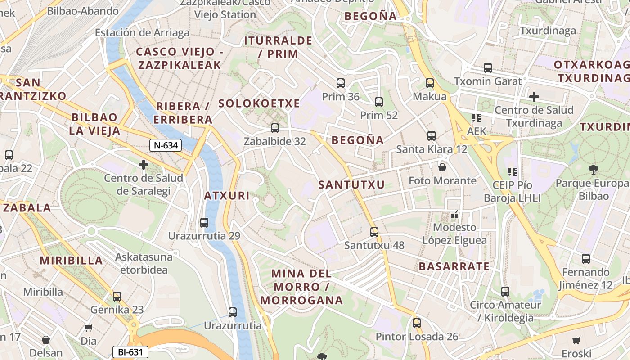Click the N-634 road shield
pyautogui.click(x=166, y=145)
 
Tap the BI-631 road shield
pyautogui.click(x=130, y=351)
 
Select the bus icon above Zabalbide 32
pyautogui.click(x=274, y=128)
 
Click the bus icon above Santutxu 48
pyautogui.click(x=374, y=232)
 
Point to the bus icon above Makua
pyautogui.click(x=430, y=83)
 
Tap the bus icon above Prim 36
pyautogui.click(x=341, y=83)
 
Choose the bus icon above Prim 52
pyautogui.click(x=379, y=102)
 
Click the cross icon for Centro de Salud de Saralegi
pyautogui.click(x=144, y=165)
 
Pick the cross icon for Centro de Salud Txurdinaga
pyautogui.click(x=534, y=96)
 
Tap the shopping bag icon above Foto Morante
pyautogui.click(x=442, y=167)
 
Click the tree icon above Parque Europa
pyautogui.click(x=594, y=170)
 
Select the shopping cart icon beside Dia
pyautogui.click(x=89, y=328)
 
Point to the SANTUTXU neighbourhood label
pyautogui.click(x=352, y=184)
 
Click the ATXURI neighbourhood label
pyautogui.click(x=227, y=196)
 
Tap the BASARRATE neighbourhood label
pyautogui.click(x=454, y=266)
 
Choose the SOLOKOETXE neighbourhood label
pyautogui.click(x=259, y=103)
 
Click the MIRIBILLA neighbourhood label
pyautogui.click(x=72, y=260)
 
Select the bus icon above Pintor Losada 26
pyautogui.click(x=417, y=323)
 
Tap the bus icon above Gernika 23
pyautogui.click(x=117, y=296)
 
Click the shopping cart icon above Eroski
pyautogui.click(x=576, y=340)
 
